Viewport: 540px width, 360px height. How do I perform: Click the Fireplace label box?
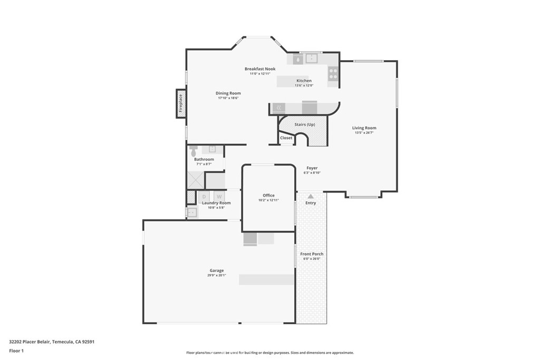pos(181,103)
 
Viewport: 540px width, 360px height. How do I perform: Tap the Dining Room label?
pos(228,93)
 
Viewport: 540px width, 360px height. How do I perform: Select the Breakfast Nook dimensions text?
pos(260,74)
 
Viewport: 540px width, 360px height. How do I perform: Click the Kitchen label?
pos(304,81)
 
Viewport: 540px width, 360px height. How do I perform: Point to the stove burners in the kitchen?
pos(333,74)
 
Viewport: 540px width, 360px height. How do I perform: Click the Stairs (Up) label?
pos(305,124)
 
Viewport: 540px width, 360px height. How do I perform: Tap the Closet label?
pos(286,138)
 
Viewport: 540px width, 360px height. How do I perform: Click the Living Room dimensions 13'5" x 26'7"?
pos(364,132)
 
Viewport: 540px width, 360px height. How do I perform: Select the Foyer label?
pos(312,168)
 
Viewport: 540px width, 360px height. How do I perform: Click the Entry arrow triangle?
pos(311,196)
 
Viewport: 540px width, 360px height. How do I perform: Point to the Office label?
pos(268,196)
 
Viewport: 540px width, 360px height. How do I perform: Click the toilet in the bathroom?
pos(194,150)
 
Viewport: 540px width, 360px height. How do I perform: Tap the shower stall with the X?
pos(196,180)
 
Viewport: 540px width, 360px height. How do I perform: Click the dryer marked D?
pos(204,197)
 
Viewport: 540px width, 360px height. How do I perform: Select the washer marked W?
pos(219,197)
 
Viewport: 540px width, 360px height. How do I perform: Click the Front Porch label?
pos(312,254)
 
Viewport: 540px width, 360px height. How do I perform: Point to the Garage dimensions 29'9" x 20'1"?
pos(217,275)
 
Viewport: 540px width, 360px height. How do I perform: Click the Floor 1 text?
pos(16,351)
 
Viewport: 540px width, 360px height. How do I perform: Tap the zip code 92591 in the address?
pos(88,342)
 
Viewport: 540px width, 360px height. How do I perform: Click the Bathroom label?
pos(204,159)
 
